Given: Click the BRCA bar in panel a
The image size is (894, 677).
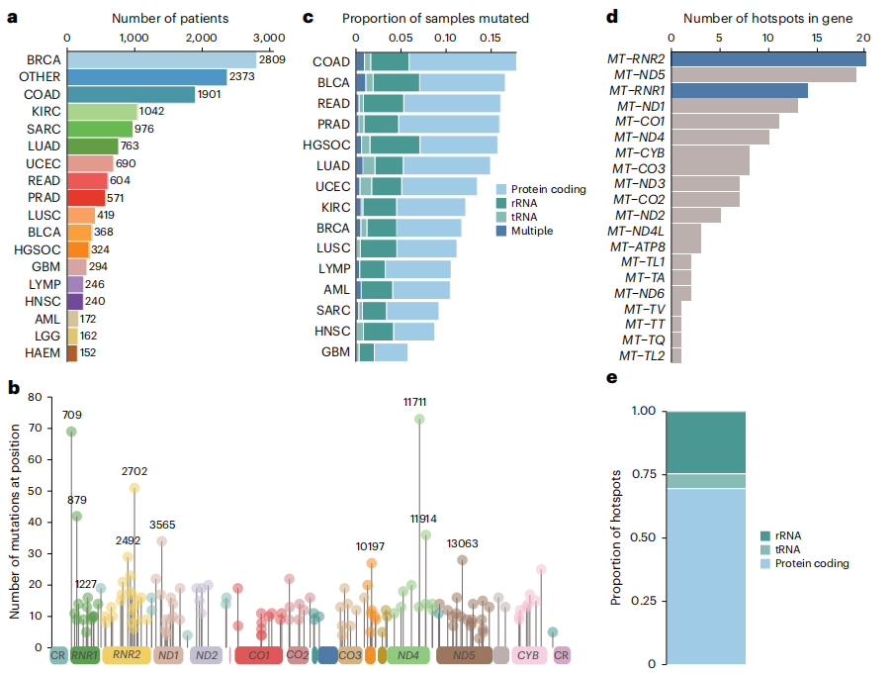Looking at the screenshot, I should pyautogui.click(x=161, y=60).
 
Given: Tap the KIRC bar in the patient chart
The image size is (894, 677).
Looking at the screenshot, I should pyautogui.click(x=102, y=112).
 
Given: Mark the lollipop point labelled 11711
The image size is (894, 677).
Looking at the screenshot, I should pyautogui.click(x=419, y=419).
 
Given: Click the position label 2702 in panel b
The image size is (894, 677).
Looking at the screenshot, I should pyautogui.click(x=134, y=472).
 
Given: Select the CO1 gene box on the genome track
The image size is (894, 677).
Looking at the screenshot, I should pyautogui.click(x=258, y=654).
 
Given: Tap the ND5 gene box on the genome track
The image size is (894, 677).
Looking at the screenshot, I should pyautogui.click(x=463, y=654).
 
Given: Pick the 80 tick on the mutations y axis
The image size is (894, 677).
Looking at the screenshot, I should pyautogui.click(x=38, y=398).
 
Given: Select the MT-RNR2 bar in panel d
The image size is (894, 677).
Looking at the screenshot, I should pyautogui.click(x=768, y=59).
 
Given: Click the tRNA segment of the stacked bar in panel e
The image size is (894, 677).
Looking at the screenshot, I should pyautogui.click(x=705, y=481).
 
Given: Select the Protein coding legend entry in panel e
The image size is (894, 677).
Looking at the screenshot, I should pyautogui.click(x=811, y=564).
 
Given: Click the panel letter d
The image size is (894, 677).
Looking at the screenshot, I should pyautogui.click(x=612, y=18).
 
